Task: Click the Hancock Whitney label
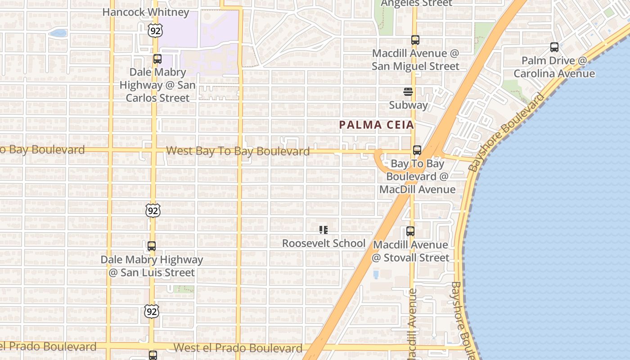point(146,12)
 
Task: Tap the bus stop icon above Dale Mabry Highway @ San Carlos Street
point(157,59)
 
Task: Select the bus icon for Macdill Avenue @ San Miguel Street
point(415,40)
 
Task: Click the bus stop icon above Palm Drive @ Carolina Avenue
point(554,47)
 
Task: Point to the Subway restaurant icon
point(408,92)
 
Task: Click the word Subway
point(408,105)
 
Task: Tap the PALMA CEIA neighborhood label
point(376,125)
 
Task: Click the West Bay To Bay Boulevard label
point(238,151)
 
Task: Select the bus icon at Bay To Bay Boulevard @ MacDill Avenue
point(417,150)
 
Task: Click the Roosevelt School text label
point(324,243)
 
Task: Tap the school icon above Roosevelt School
point(323,230)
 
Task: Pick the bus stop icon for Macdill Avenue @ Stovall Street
point(410,231)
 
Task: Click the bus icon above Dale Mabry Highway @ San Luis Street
point(152,246)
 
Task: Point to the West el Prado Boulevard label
point(238,348)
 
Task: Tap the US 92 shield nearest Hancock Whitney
point(154,31)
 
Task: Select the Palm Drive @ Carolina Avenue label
point(554,67)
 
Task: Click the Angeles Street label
point(416,4)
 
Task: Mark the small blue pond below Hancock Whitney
point(58,33)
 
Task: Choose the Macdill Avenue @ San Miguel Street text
point(415,60)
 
